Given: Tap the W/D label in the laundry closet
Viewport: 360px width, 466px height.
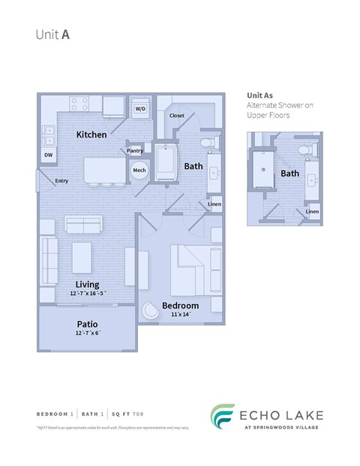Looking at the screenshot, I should pos(140,110).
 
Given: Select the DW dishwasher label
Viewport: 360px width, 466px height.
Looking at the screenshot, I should pos(48,155).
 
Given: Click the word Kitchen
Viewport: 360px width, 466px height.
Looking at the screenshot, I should pos(91,135).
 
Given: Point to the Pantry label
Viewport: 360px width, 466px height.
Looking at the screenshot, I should pos(135,151).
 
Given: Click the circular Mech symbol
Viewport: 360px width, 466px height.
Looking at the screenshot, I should pos(139,170).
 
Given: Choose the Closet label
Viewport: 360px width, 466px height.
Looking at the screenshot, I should pos(177,116).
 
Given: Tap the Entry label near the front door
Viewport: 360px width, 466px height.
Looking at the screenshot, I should pos(61,181).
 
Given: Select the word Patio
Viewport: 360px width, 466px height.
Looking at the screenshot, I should pos(88,323).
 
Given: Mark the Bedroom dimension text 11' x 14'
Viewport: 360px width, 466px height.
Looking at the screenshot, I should pos(181,315).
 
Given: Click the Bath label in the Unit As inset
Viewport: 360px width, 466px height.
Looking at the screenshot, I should pos(289,173).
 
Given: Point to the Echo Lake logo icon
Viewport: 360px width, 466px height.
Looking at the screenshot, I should pos(220,417).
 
